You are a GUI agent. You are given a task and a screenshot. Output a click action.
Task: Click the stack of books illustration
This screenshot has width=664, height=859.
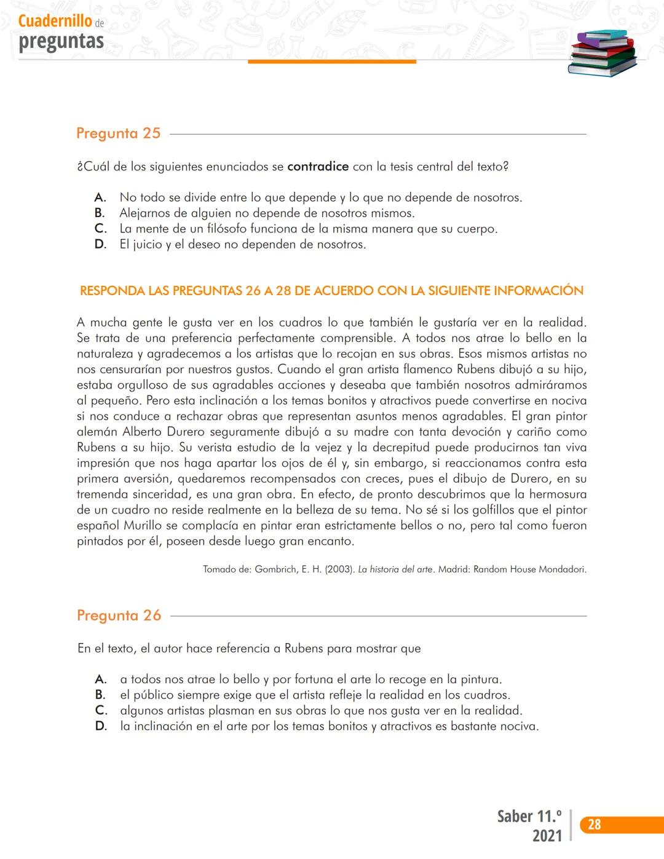(602, 53)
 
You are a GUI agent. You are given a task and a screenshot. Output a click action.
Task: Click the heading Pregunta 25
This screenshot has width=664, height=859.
(118, 133)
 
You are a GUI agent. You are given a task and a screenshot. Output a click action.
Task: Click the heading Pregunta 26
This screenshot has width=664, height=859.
(119, 616)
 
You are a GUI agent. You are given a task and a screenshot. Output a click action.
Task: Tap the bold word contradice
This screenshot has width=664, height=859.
(318, 167)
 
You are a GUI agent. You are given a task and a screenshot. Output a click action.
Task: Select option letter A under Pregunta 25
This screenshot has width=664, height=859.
(100, 197)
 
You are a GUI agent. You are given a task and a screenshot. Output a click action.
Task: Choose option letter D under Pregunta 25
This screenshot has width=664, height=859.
(100, 244)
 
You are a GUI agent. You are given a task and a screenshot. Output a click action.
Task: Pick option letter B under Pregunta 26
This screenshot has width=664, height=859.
(100, 695)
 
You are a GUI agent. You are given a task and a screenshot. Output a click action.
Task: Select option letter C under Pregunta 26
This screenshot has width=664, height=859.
(101, 710)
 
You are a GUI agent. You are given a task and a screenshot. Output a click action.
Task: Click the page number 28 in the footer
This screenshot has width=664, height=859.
(594, 825)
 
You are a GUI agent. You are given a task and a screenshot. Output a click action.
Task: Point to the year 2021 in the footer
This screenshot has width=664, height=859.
(547, 836)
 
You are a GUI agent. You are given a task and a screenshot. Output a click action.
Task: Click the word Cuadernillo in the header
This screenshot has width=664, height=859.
(55, 21)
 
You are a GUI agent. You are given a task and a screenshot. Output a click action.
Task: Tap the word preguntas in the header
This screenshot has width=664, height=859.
(61, 41)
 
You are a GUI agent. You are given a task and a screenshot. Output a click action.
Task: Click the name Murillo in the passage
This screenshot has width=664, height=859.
(143, 526)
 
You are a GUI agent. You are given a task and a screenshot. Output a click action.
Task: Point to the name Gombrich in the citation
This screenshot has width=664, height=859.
(275, 569)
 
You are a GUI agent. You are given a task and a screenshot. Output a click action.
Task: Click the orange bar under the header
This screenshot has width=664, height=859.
(332, 61)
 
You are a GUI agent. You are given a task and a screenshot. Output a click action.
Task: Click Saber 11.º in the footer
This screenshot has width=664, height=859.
(529, 817)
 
